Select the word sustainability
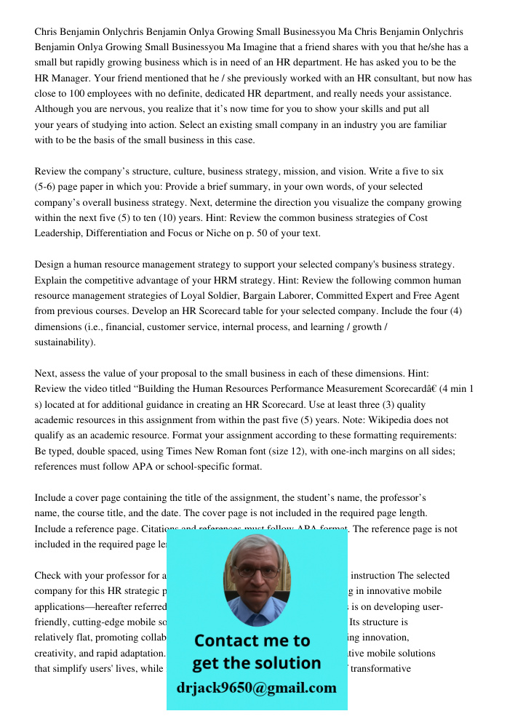pos(63,342)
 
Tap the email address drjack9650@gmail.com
pos(257,688)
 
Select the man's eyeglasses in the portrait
pos(257,572)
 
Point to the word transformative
pos(380,670)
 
